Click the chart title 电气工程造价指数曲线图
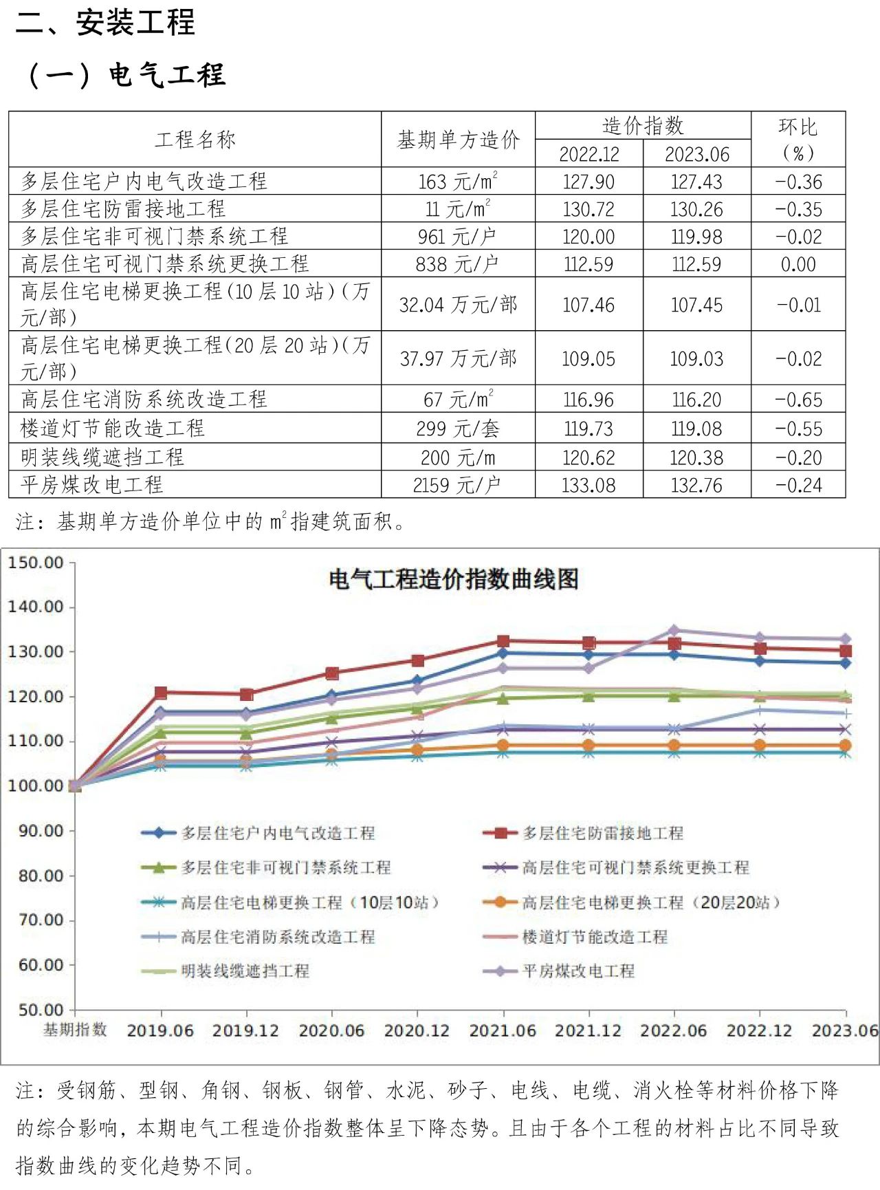(x=454, y=579)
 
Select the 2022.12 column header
(x=588, y=154)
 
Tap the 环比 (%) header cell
(x=797, y=139)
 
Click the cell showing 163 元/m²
(x=458, y=182)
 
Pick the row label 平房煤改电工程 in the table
(x=92, y=485)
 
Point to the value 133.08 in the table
(x=588, y=486)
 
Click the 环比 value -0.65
(x=798, y=400)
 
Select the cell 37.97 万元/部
(x=458, y=358)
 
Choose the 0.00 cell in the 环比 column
(x=798, y=264)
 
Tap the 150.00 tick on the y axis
(x=36, y=563)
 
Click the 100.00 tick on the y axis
(x=36, y=786)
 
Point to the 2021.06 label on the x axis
(x=503, y=1030)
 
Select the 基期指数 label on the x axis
(x=75, y=1030)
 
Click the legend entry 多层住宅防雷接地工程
(x=602, y=833)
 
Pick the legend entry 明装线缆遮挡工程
(x=245, y=971)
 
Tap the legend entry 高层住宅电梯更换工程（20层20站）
(x=650, y=902)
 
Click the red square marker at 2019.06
(x=161, y=693)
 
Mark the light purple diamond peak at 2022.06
(x=674, y=630)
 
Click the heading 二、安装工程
(x=105, y=22)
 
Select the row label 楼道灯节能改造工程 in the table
(x=113, y=428)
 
